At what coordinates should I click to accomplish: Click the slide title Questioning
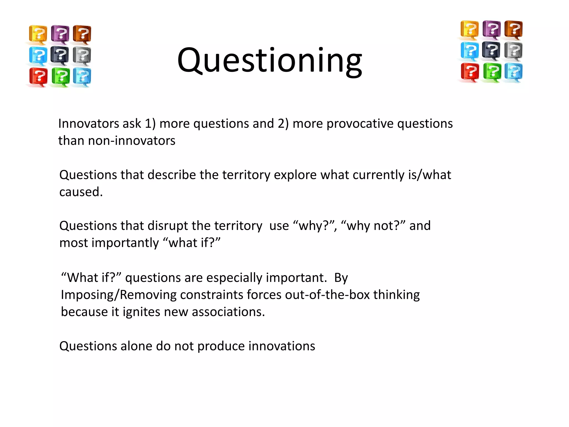point(269,61)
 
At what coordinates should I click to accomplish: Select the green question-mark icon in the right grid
point(492,72)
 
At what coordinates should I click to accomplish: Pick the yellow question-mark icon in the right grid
point(470,29)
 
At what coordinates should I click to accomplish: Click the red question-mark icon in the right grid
point(470,72)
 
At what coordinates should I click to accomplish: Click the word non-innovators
point(132,141)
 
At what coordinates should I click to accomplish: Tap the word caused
point(81,192)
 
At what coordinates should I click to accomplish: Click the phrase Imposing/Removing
point(119,295)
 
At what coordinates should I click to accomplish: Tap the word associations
point(228,312)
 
